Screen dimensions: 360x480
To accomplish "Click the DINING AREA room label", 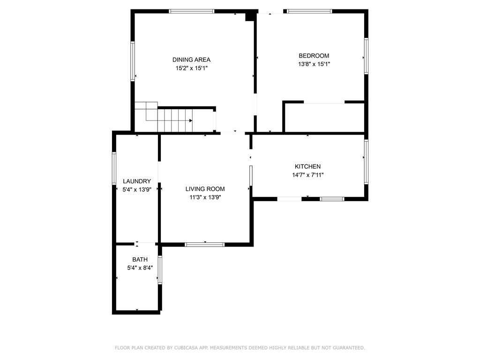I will coord(191,60).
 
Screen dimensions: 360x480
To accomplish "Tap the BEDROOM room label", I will coord(314,56).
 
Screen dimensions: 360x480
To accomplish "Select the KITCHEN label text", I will coord(307,166).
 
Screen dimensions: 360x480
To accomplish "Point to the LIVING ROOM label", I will coord(205,189).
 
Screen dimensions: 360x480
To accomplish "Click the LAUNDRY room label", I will coord(137,181).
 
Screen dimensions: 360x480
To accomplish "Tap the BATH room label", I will coord(140,259).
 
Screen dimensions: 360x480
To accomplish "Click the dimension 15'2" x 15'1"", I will coord(191,68).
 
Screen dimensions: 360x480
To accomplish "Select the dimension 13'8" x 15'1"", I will coord(314,65).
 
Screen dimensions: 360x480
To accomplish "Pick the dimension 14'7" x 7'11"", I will coord(307,175).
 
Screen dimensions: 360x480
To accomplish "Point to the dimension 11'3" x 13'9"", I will coord(205,198).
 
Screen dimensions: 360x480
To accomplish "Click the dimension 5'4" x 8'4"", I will coord(140,268).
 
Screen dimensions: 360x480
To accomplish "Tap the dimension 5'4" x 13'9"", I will coord(137,190).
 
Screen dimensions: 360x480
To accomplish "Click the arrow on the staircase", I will coord(190,120).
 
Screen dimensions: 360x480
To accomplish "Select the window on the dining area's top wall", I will coord(191,11).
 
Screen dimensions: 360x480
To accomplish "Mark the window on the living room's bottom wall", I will coord(204,244).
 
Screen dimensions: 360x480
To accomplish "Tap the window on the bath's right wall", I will coord(160,270).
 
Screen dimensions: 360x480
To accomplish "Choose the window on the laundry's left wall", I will coord(114,168).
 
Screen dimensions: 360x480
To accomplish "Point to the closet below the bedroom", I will coord(324,118).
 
